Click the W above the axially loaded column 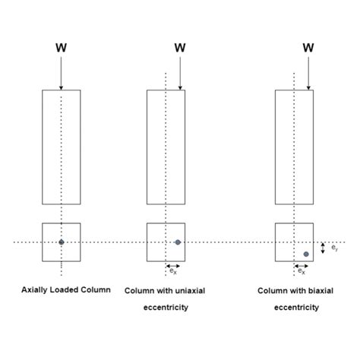click(x=62, y=47)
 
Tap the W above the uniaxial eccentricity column click(x=180, y=47)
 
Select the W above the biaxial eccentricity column click(x=308, y=47)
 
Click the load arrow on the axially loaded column click(x=62, y=72)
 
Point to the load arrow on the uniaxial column click(x=180, y=72)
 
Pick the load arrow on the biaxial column click(x=308, y=72)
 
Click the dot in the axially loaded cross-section click(x=62, y=242)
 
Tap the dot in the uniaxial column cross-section click(x=178, y=242)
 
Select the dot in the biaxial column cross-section click(x=306, y=254)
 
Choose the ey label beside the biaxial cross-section click(x=336, y=248)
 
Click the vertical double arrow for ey click(x=324, y=248)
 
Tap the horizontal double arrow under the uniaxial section click(x=172, y=265)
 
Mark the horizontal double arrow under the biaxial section click(x=301, y=265)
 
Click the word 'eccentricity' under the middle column click(x=166, y=308)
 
